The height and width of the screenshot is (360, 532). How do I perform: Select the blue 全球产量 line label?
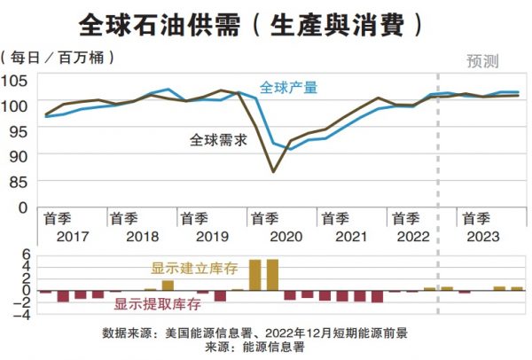click(288, 88)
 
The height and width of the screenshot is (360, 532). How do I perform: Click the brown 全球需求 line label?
click(217, 139)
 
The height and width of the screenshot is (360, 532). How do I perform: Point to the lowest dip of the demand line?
click(273, 171)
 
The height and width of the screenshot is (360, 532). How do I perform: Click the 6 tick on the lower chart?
click(27, 253)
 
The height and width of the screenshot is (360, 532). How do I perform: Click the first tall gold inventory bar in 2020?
click(255, 274)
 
